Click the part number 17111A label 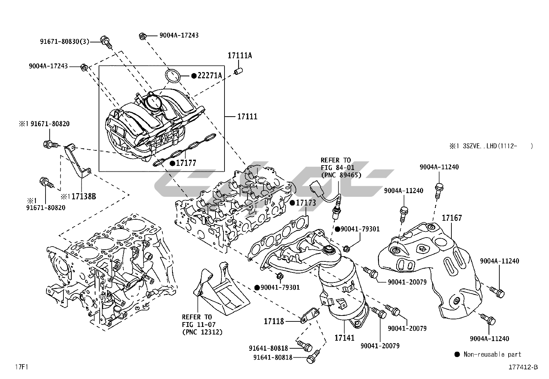pos(240,55)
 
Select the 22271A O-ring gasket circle pos(172,76)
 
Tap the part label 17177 pos(186,163)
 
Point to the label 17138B pos(83,197)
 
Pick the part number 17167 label pos(452,218)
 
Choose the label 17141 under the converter pos(345,338)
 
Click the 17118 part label pos(274,321)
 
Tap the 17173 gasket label pos(306,203)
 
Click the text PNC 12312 pos(202,332)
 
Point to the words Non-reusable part pos(492,354)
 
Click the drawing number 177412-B pos(523,367)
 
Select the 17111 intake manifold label pos(247,117)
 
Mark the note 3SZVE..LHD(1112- pos(491,146)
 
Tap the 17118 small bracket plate pos(310,315)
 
